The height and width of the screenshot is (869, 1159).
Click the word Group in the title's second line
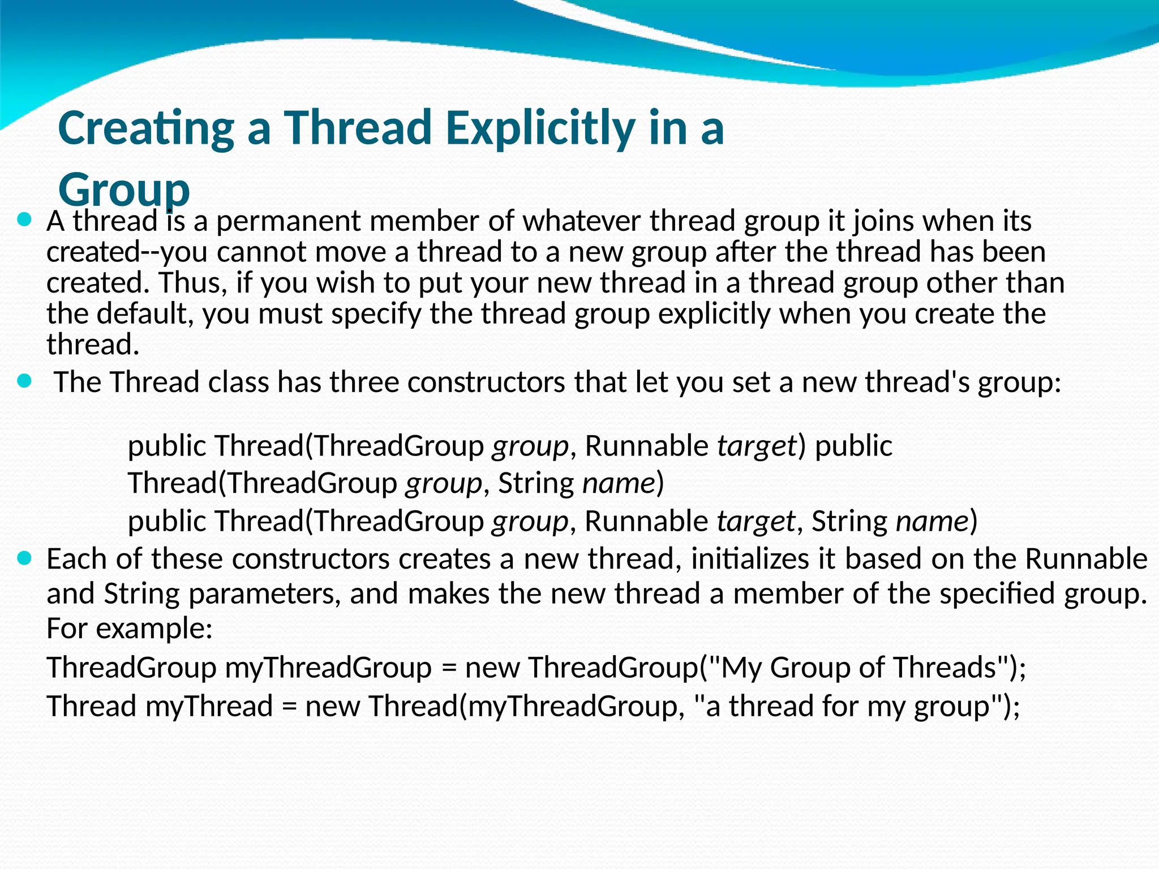tap(123, 190)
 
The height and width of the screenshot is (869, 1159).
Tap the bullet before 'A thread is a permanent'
tap(24, 220)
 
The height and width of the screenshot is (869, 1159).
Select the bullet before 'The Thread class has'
tap(24, 381)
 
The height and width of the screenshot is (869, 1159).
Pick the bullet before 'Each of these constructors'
tap(24, 559)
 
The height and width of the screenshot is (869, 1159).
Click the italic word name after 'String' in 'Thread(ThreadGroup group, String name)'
tap(619, 483)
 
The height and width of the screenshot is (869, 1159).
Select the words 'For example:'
tap(130, 628)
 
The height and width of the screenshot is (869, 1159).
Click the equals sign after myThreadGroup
tap(449, 668)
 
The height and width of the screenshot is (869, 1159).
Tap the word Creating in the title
tap(146, 128)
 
